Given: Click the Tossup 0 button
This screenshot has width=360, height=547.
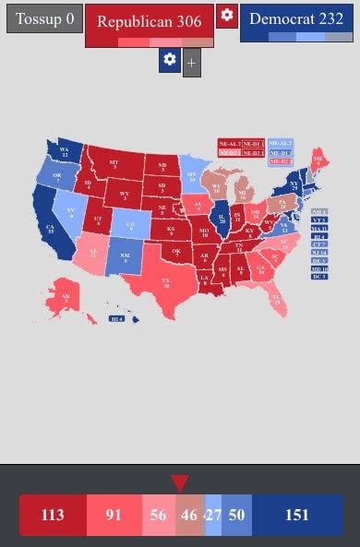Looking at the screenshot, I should [45, 18].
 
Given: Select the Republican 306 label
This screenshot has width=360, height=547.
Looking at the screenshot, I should [150, 22].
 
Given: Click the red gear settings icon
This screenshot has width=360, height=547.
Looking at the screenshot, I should [227, 16].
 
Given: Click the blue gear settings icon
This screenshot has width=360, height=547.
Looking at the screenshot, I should [169, 60].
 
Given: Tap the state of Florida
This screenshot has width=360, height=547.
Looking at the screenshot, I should [275, 297].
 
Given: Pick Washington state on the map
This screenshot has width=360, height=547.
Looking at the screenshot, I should [65, 151].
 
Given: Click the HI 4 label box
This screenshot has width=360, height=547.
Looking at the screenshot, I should [116, 319].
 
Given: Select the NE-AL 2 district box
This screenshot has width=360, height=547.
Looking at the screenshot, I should [228, 144].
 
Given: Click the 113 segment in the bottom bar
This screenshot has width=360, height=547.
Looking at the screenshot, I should [53, 515].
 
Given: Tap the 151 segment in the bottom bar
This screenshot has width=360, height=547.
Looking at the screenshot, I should [296, 515].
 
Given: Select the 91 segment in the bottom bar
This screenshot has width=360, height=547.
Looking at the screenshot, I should [114, 515].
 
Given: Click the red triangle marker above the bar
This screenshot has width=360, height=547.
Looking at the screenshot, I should [180, 483].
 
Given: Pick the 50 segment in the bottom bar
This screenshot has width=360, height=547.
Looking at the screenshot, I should [236, 515].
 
